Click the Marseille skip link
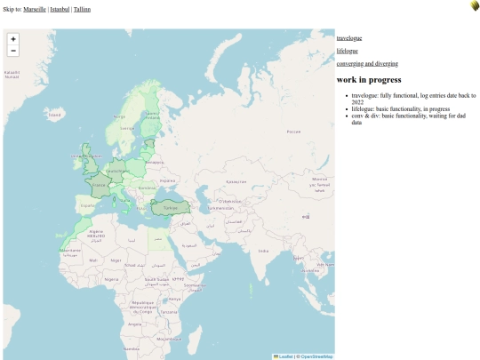pos(35,9)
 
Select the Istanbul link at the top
pos(60,9)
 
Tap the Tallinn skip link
pos(82,9)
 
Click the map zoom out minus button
pos(13,52)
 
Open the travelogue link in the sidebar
pos(349,38)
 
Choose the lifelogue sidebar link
pos(348,51)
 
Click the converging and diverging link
pos(367,64)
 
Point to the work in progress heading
pos(369,80)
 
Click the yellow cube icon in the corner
pos(475,6)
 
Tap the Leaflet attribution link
pos(285,356)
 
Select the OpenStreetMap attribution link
pos(316,356)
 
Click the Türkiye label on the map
pos(172,208)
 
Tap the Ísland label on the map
pos(55,115)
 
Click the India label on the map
pos(263,252)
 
